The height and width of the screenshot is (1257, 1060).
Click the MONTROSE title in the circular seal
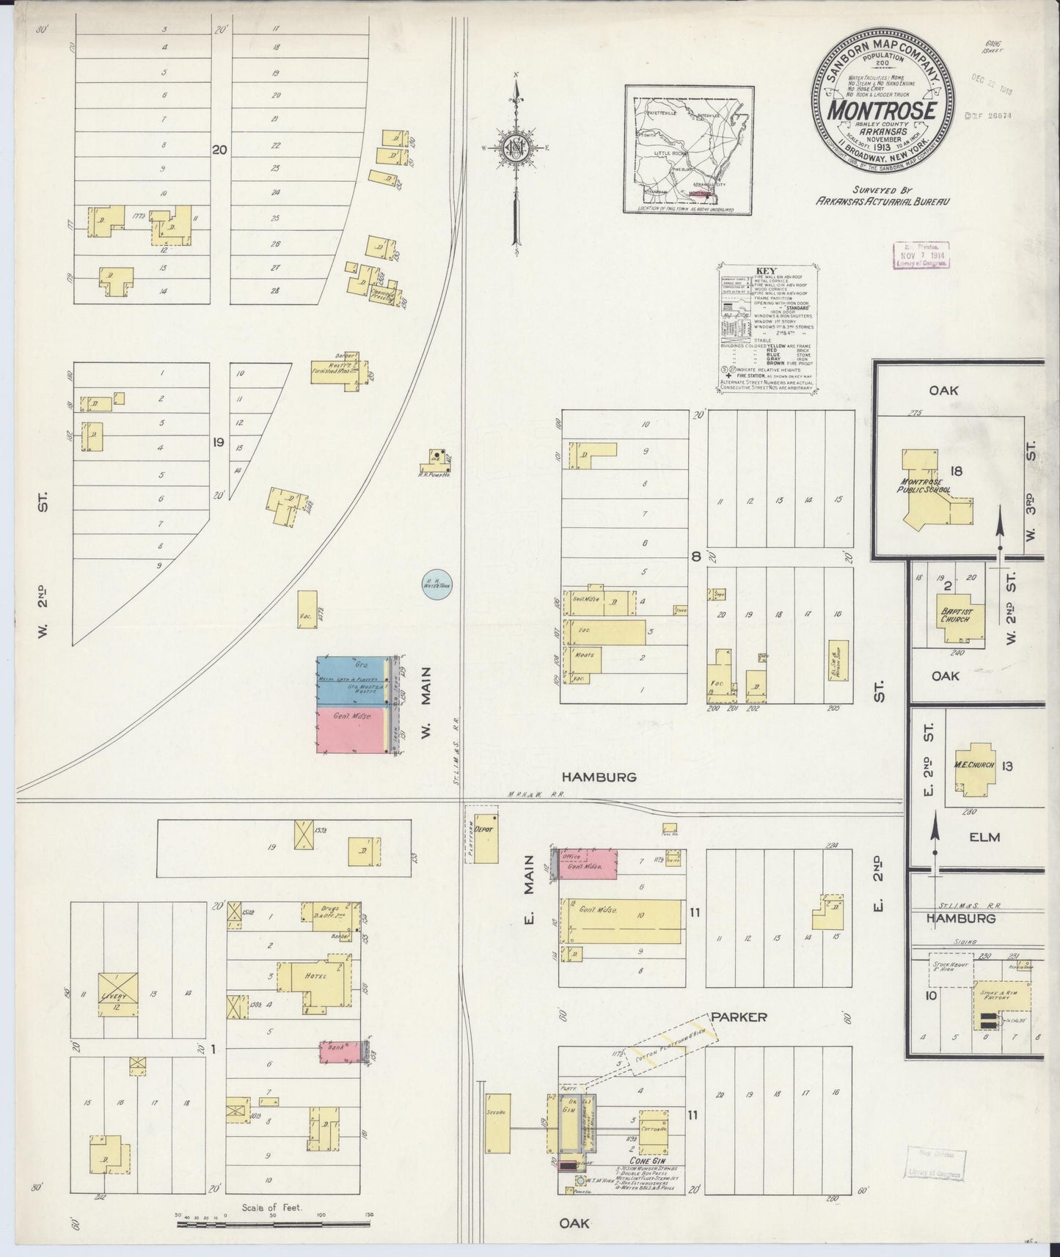[882, 110]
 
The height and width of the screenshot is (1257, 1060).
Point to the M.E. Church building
[973, 766]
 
